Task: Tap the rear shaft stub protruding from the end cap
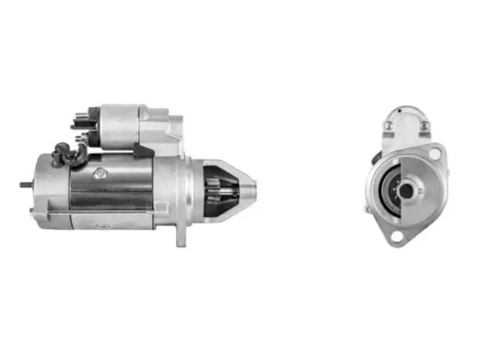24,184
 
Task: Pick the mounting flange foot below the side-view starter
180,236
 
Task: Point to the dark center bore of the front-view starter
406,191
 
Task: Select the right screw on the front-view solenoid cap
425,125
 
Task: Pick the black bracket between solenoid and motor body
141,150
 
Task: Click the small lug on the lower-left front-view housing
369,209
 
